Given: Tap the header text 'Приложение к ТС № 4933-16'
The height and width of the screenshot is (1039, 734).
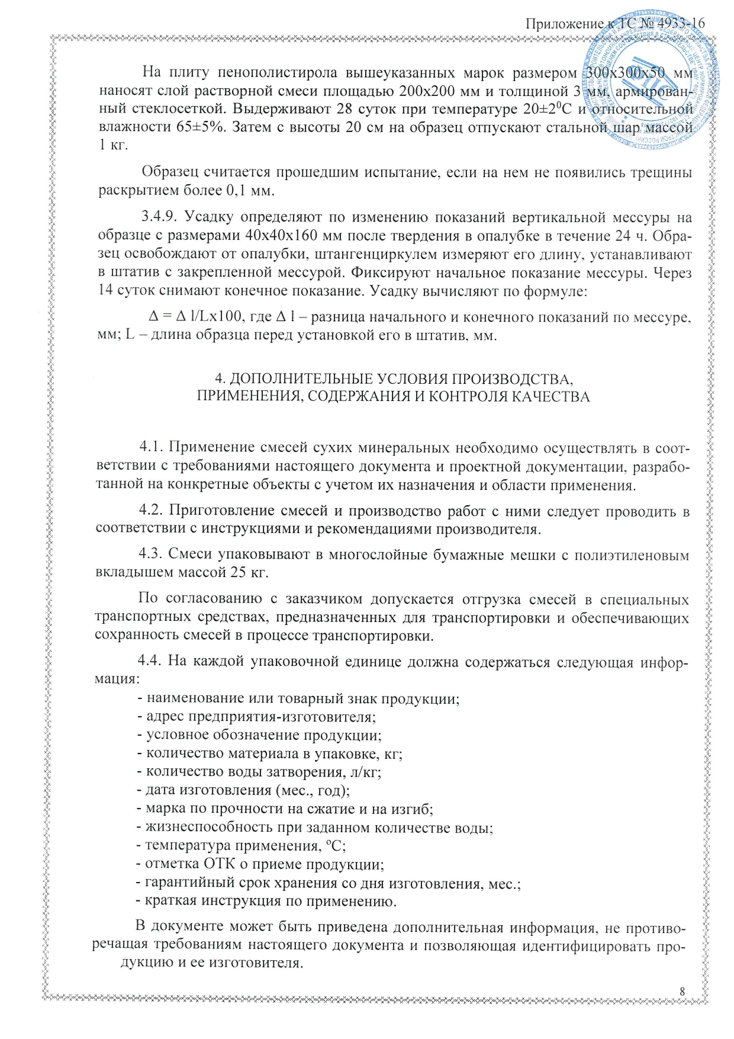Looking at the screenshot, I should coord(615,24).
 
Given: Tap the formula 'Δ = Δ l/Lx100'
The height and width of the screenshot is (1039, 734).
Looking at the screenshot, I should coord(194,318).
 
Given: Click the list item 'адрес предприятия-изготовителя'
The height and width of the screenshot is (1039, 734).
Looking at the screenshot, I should coord(260,717).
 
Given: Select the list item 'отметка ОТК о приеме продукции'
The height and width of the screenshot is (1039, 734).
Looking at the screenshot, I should coord(264,864).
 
